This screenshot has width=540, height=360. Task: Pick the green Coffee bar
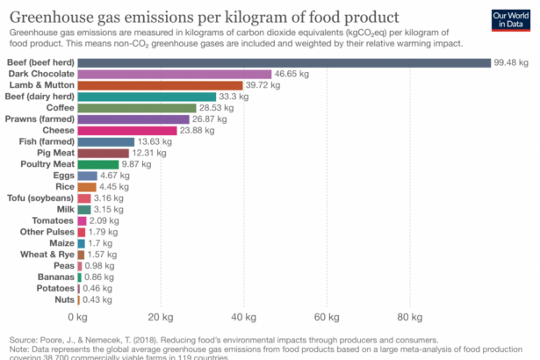(x=136, y=108)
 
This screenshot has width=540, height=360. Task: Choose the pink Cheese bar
(x=126, y=130)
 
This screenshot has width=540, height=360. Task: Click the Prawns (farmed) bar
(x=133, y=119)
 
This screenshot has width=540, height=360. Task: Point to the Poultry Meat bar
(x=97, y=164)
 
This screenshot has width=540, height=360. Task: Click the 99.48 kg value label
(x=511, y=63)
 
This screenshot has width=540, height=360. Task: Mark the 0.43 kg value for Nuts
(x=97, y=299)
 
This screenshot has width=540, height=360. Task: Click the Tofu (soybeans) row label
(x=41, y=198)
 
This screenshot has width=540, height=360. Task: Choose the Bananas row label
(x=54, y=277)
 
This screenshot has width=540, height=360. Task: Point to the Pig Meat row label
(x=54, y=153)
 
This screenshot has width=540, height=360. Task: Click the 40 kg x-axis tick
(x=243, y=318)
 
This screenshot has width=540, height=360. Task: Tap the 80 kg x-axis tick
(x=409, y=318)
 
